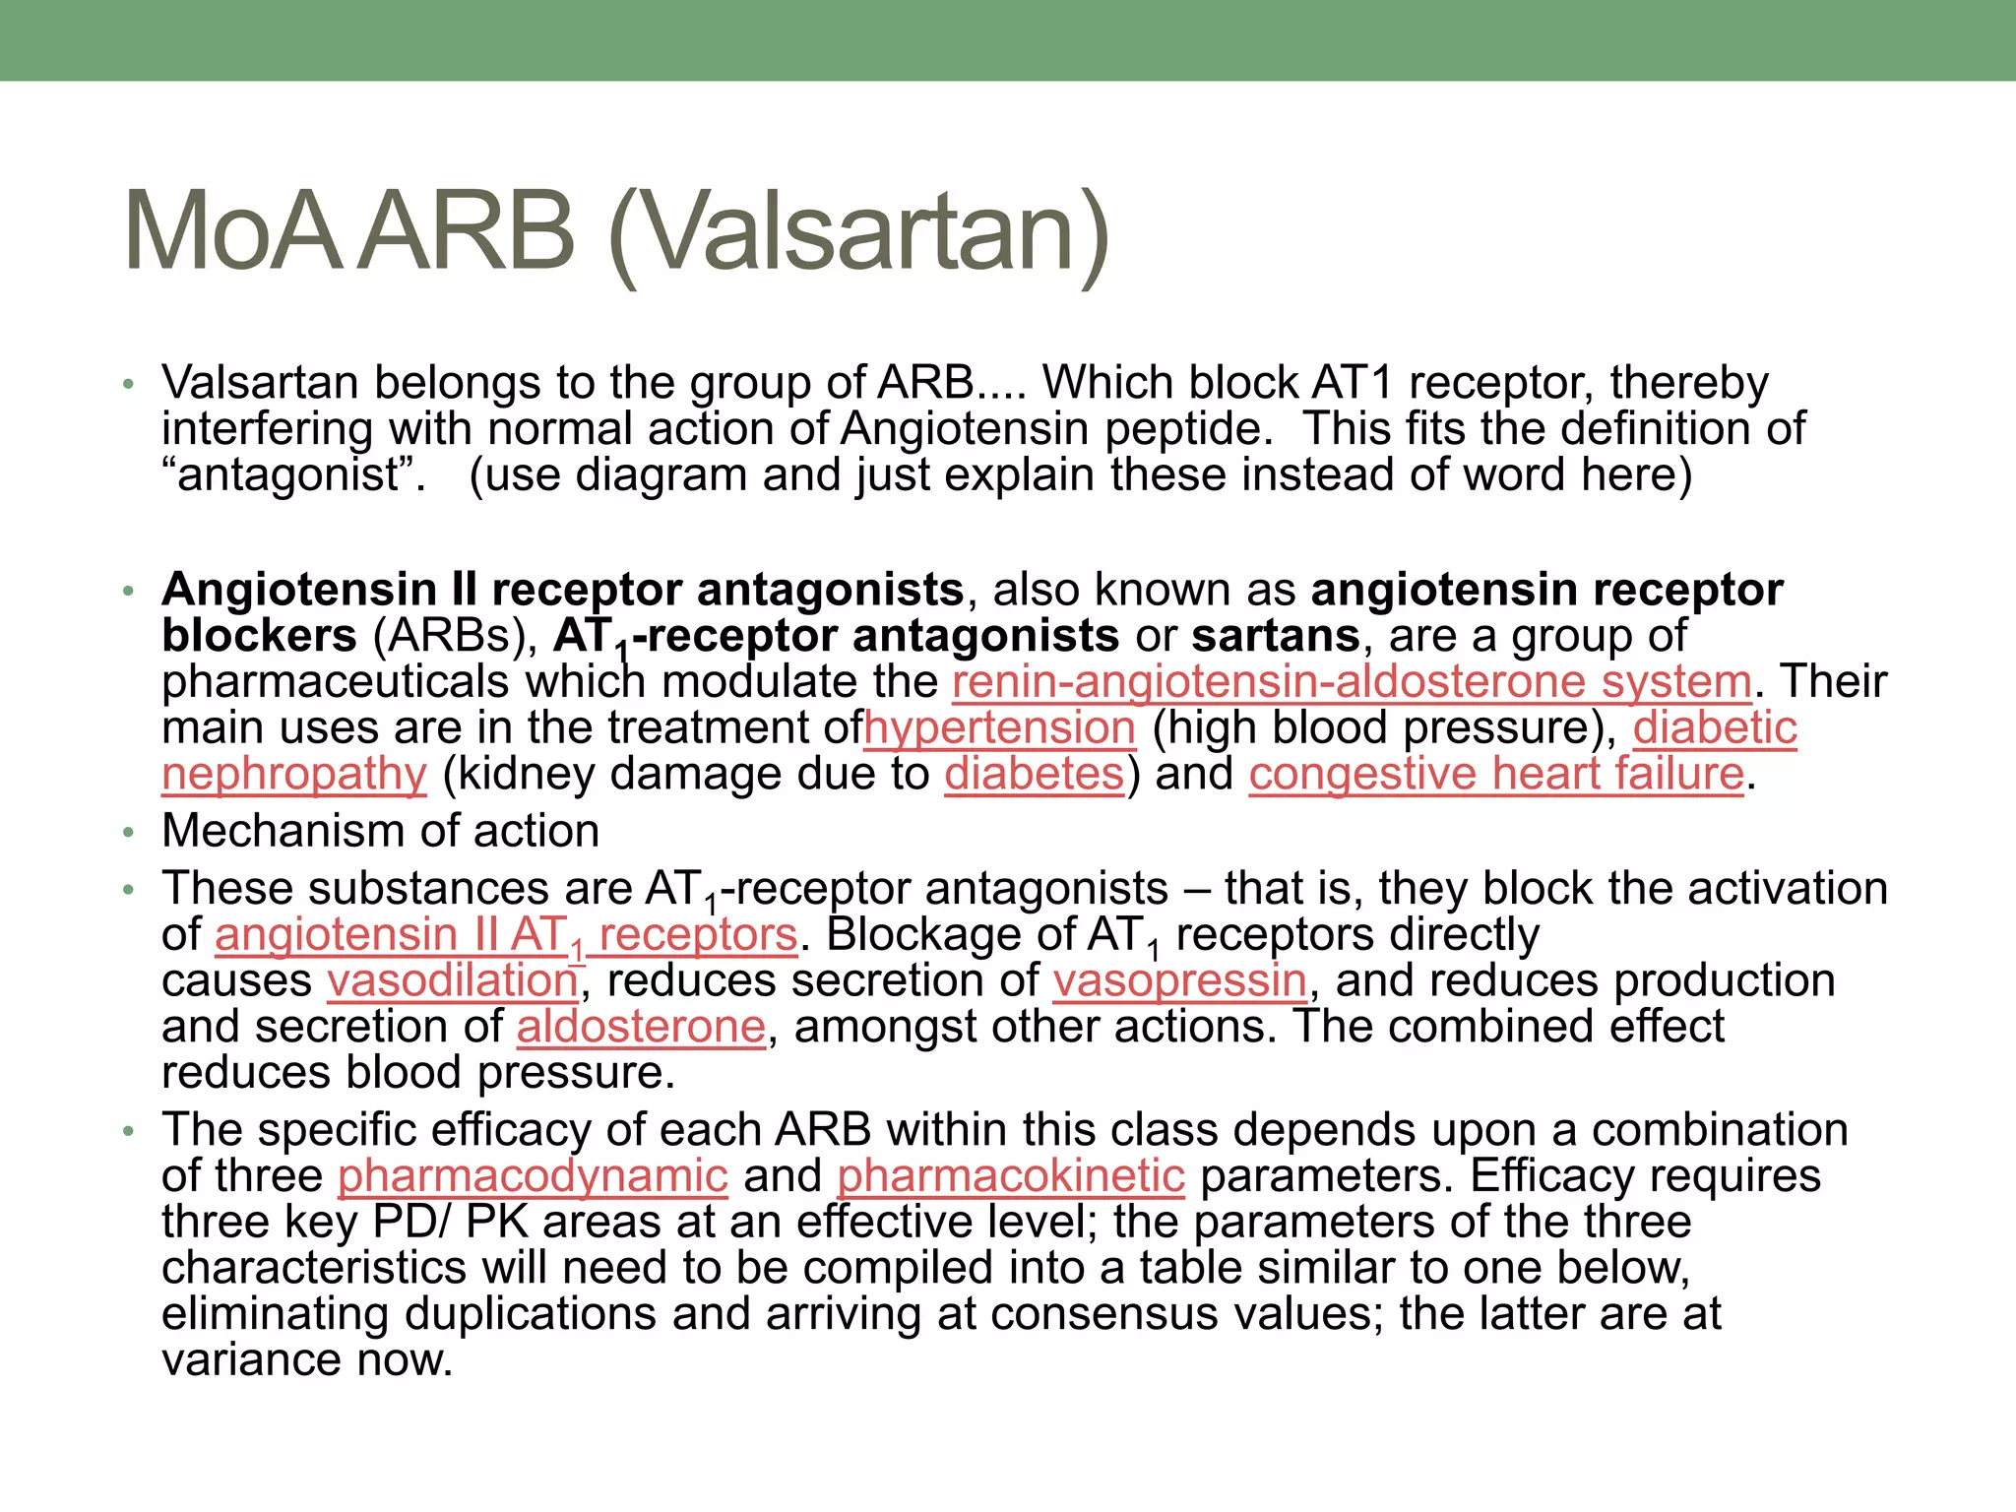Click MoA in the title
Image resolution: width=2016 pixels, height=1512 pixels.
tap(233, 232)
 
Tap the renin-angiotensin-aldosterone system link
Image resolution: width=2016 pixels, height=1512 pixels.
tap(1352, 681)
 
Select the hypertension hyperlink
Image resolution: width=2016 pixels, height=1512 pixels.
tap(1000, 727)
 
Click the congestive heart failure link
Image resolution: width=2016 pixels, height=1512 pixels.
tap(1496, 774)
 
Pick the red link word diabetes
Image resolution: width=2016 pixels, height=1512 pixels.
tap(1034, 774)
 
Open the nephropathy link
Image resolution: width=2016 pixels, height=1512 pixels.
tap(293, 774)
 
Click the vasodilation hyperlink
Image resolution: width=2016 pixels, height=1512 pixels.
tap(453, 980)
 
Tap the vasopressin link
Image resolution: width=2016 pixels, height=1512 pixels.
tap(1179, 980)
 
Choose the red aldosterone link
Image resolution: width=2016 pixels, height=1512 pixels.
tap(641, 1027)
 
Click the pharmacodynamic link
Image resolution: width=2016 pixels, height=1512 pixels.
tap(533, 1175)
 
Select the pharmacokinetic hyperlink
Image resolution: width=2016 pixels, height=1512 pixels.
tap(1011, 1175)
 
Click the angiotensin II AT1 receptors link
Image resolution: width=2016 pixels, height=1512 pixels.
tap(505, 935)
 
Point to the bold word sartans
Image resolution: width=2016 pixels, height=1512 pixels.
tap(1276, 636)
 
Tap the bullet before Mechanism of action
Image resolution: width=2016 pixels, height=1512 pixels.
tap(128, 833)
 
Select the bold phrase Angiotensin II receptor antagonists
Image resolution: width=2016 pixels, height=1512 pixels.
tap(562, 590)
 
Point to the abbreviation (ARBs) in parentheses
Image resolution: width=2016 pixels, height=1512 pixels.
tap(455, 636)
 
